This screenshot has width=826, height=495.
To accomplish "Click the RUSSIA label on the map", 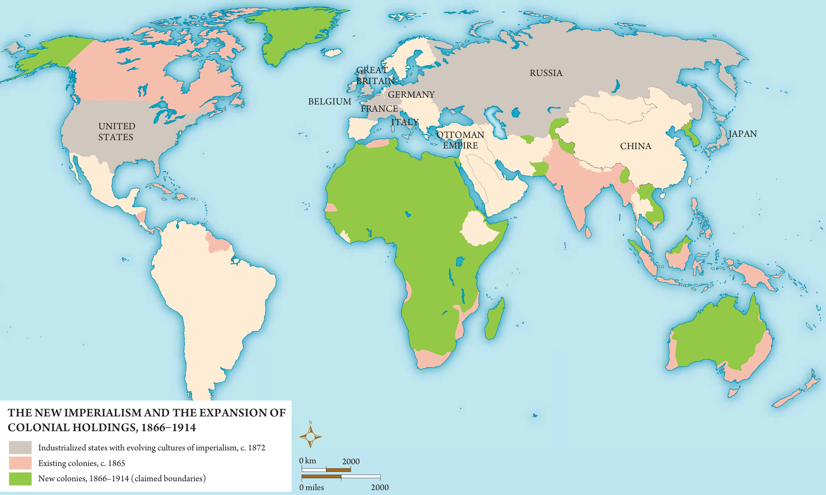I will pyautogui.click(x=546, y=73).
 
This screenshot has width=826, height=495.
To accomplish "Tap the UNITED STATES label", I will pyautogui.click(x=116, y=132).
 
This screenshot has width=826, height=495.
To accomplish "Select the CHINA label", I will pyautogui.click(x=635, y=146).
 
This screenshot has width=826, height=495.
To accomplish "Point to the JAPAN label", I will pyautogui.click(x=742, y=134).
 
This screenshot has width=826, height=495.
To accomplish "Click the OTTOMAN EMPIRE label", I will pyautogui.click(x=460, y=140).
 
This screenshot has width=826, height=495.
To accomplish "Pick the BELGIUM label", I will pyautogui.click(x=330, y=101).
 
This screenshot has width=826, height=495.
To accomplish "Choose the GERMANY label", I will pyautogui.click(x=411, y=95).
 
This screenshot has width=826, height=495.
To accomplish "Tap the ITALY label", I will pyautogui.click(x=404, y=122).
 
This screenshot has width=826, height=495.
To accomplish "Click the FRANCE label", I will pyautogui.click(x=379, y=109).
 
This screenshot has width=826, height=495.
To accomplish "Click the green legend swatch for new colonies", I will pyautogui.click(x=20, y=478).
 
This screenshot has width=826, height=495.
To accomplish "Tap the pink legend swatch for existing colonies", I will pyautogui.click(x=20, y=463).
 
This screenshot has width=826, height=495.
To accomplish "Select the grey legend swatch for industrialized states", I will pyautogui.click(x=20, y=447).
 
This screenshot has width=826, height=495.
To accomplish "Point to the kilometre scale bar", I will pyautogui.click(x=326, y=469).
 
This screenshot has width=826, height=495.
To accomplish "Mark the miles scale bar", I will pyautogui.click(x=341, y=477).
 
